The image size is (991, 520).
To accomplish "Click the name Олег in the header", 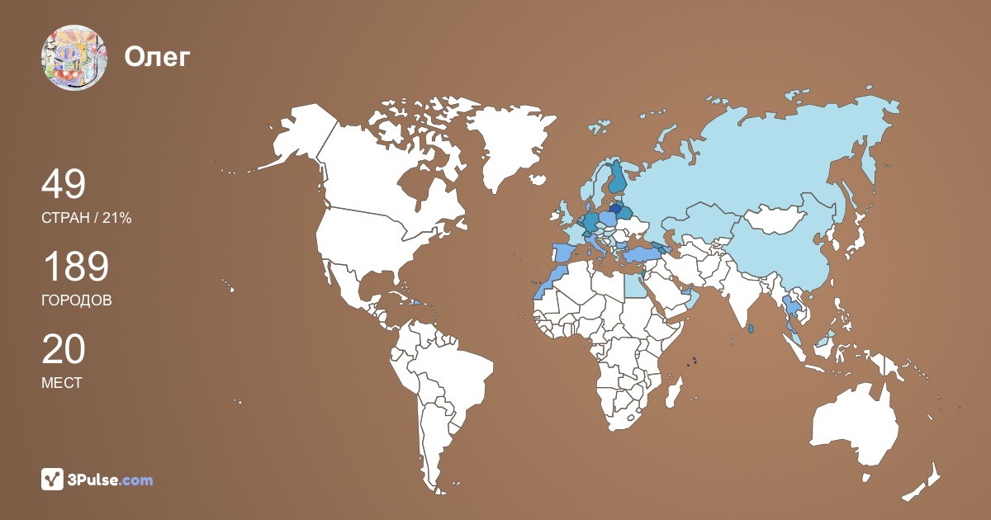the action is (x=158, y=58).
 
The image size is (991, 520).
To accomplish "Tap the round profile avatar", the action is (x=74, y=58).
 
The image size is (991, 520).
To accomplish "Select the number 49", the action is (x=64, y=185).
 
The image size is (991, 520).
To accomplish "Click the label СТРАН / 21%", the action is (x=86, y=218).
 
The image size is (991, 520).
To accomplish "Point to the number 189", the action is (x=75, y=267).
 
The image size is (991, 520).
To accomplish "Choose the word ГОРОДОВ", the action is (x=76, y=300).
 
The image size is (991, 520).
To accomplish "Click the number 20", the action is (x=64, y=350).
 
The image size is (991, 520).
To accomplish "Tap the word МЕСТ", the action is (x=62, y=383).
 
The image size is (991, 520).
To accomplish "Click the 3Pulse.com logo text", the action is (x=110, y=480).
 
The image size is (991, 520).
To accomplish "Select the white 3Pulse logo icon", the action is (x=52, y=479).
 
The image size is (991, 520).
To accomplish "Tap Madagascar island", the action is (x=675, y=394).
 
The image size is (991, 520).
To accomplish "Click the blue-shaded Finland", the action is (x=616, y=177).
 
